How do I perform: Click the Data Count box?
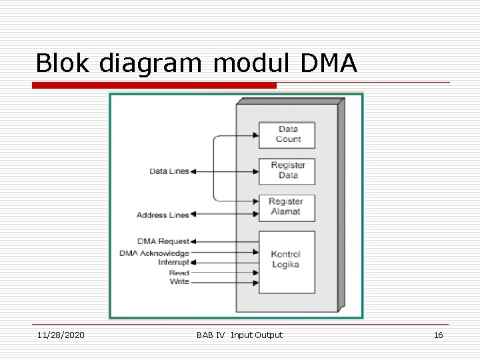(x=287, y=135)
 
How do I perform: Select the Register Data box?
(x=287, y=171)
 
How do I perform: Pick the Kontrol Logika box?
(x=286, y=261)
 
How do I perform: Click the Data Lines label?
(x=169, y=171)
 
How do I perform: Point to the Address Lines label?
(x=163, y=215)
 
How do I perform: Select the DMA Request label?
(x=163, y=241)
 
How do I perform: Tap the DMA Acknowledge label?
(x=155, y=253)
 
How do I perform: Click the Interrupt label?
(x=173, y=262)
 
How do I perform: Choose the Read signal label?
(x=179, y=273)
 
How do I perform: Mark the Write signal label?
(x=179, y=282)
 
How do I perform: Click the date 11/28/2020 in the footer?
(x=61, y=335)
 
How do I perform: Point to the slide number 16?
(x=438, y=335)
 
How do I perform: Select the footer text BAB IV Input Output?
(x=239, y=335)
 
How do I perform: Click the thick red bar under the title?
(x=155, y=85)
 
